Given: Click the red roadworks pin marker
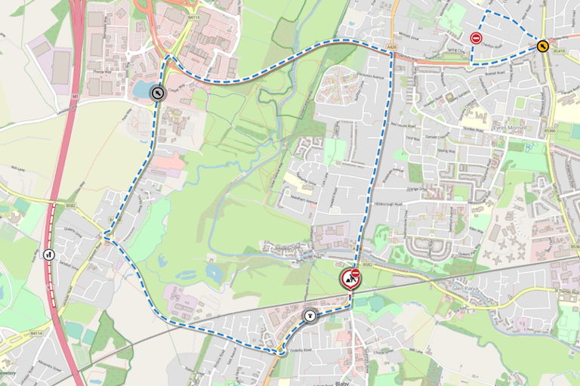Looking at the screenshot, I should (350, 279).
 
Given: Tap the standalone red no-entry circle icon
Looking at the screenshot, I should (476, 38).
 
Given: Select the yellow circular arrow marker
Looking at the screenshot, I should (543, 46).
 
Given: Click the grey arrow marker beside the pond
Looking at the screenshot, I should (158, 94).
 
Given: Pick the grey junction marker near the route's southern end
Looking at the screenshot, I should (309, 315).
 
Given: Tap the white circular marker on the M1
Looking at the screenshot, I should (50, 255).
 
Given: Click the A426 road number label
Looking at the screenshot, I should (390, 48).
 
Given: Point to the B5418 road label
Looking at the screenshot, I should (559, 51).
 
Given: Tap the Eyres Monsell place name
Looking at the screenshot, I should (507, 129).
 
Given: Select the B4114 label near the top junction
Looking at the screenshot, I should (194, 17).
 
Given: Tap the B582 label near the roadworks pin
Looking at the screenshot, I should (368, 265).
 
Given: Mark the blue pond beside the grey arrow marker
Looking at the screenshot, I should (142, 90).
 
